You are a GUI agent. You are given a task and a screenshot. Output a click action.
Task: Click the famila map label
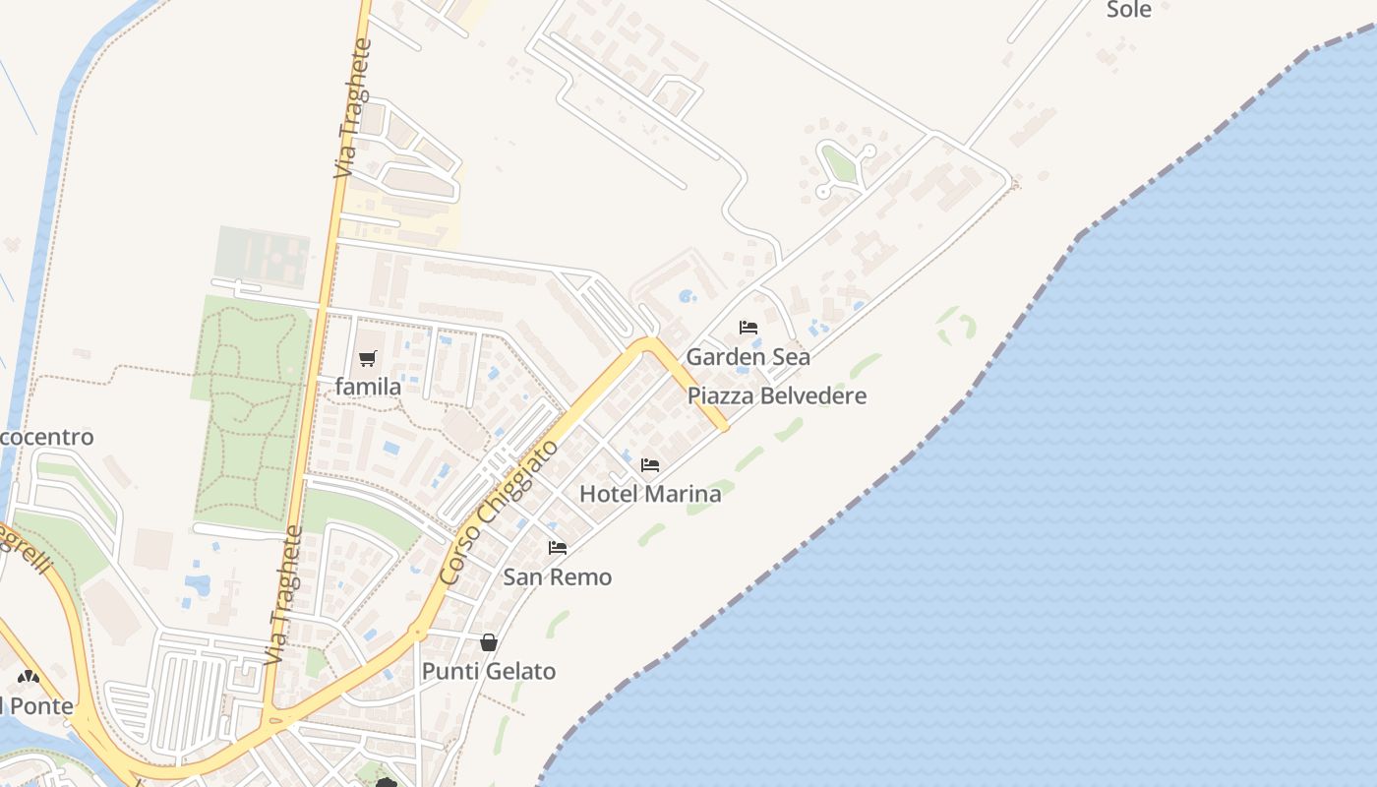tap(368, 387)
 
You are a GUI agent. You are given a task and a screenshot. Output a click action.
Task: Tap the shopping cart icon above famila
tap(368, 358)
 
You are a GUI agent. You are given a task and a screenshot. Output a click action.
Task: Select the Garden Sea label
tap(748, 356)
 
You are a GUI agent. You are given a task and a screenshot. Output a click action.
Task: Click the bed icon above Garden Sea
tap(748, 328)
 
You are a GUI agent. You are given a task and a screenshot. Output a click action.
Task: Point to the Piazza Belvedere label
tap(777, 395)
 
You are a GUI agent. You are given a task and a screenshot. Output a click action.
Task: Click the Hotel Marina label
tap(650, 494)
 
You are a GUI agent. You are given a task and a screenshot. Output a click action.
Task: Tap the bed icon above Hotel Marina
tap(650, 465)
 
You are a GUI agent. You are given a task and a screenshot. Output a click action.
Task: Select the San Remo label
tap(558, 576)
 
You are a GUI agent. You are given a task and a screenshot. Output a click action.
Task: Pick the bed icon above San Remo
tap(558, 548)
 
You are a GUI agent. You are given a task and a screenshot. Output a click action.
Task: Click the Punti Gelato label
tap(489, 671)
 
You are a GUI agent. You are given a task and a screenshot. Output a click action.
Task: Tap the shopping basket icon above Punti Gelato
tap(489, 642)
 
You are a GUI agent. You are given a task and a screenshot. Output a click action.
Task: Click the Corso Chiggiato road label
tap(500, 513)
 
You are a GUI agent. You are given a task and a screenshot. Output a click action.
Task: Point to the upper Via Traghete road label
tap(354, 108)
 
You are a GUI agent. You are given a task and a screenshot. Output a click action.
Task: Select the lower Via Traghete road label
tap(283, 594)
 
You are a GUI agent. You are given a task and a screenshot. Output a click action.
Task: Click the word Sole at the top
tap(1129, 10)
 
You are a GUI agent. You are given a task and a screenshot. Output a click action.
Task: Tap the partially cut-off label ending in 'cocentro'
tap(47, 437)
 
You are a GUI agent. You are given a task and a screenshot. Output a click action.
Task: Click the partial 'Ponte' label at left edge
tap(37, 706)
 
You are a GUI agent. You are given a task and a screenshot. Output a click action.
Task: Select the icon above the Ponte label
tap(29, 677)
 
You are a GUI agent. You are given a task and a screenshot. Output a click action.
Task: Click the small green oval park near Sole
tap(838, 163)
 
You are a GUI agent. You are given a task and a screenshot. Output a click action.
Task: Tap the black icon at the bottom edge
tap(387, 783)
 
